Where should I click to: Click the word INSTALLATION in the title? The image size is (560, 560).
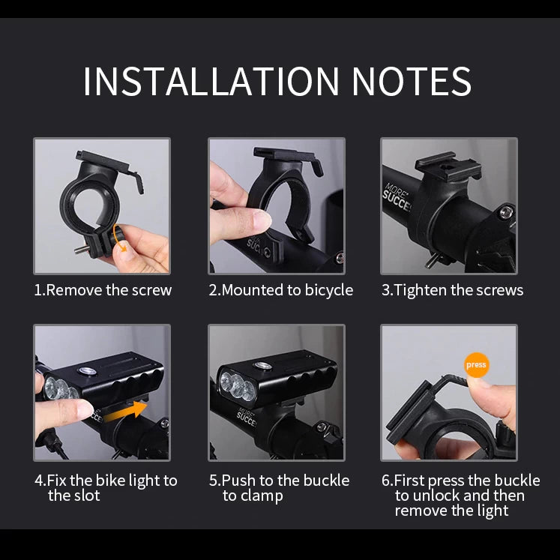[211, 81]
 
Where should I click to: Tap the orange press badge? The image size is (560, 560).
[476, 365]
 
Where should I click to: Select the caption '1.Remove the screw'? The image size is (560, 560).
[103, 290]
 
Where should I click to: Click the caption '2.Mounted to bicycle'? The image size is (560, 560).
[280, 290]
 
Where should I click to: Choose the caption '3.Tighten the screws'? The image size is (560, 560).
[452, 290]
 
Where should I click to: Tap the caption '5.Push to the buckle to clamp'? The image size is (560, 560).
[279, 488]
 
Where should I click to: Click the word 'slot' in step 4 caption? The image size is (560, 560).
[87, 496]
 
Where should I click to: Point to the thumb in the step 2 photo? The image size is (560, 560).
[250, 220]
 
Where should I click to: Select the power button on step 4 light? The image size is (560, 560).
[87, 372]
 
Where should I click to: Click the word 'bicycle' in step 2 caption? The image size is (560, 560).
[328, 290]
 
